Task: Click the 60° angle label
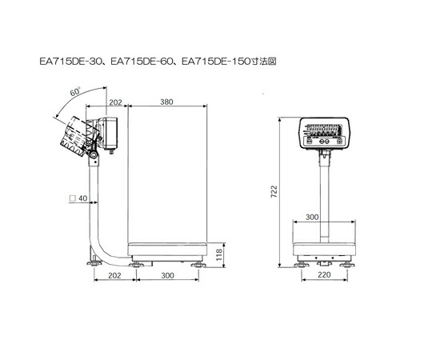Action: coord(74,91)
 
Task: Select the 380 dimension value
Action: coord(166,102)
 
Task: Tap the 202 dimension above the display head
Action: coord(115,102)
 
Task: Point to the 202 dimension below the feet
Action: coord(114,275)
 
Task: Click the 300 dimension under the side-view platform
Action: coord(167,275)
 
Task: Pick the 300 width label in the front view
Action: coord(312,218)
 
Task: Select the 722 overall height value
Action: coord(274,191)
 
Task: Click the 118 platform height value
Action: coord(219,254)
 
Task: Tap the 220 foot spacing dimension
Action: coord(324,274)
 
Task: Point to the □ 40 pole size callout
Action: coord(78,198)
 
